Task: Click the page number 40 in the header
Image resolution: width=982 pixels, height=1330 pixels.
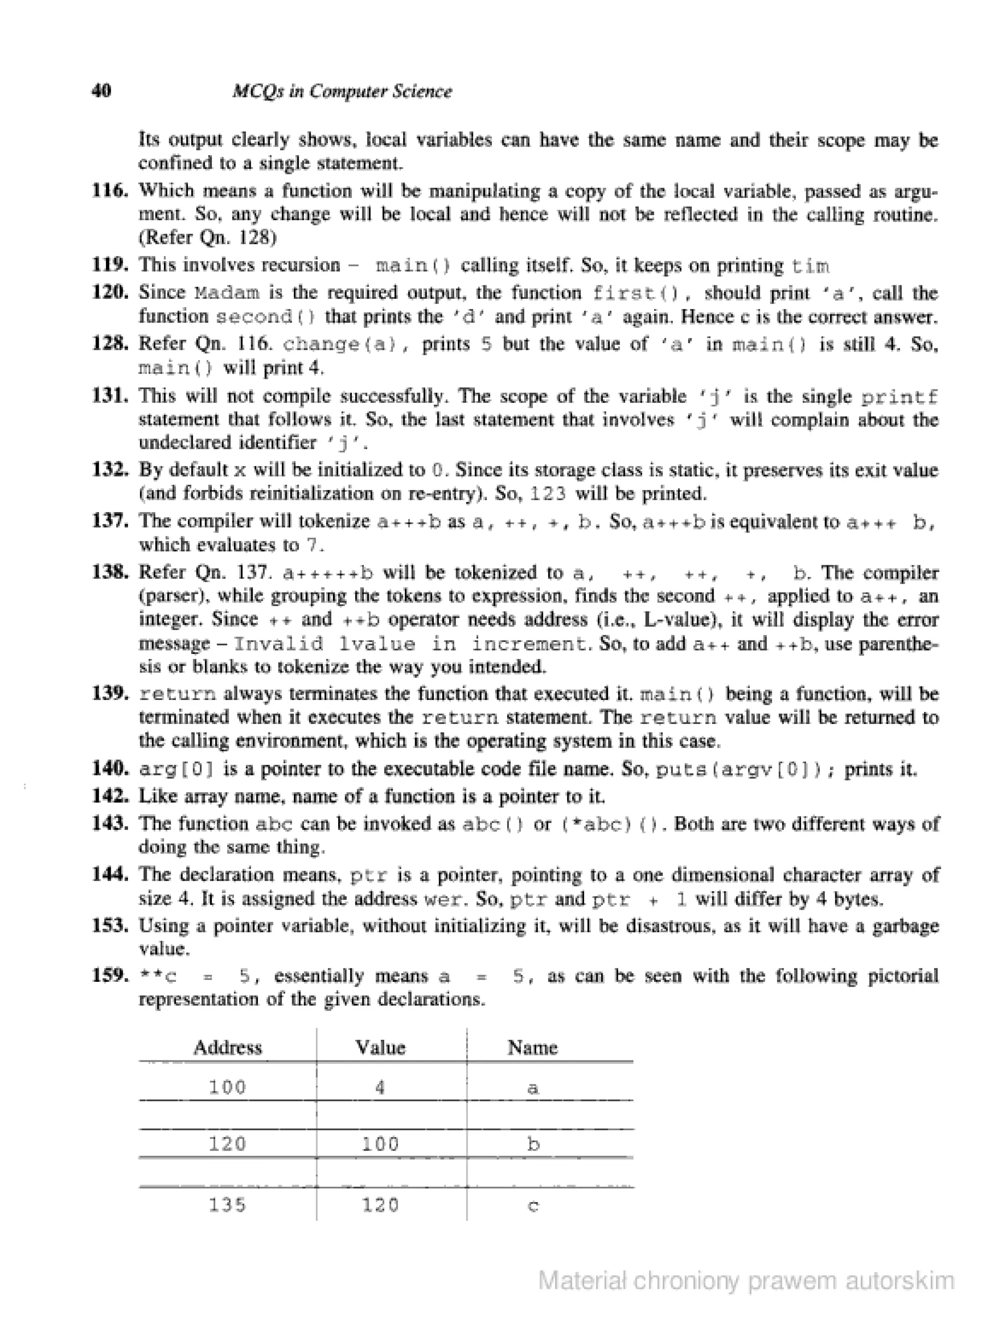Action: point(102,91)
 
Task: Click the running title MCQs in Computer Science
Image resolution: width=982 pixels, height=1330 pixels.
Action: point(342,92)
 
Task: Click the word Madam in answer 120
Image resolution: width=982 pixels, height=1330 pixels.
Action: point(227,293)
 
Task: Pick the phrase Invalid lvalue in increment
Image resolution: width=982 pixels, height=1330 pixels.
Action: point(410,643)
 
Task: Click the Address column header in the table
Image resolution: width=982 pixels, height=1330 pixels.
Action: point(227,1047)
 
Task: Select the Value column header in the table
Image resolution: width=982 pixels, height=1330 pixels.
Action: point(380,1047)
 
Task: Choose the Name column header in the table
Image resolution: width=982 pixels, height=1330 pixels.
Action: point(532,1047)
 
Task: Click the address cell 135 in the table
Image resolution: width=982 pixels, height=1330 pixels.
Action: point(227,1205)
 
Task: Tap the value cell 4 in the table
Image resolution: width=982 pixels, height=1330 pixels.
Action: point(380,1087)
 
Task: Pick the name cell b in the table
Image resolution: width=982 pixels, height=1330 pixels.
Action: point(533,1143)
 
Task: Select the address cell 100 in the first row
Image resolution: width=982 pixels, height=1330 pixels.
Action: point(227,1087)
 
